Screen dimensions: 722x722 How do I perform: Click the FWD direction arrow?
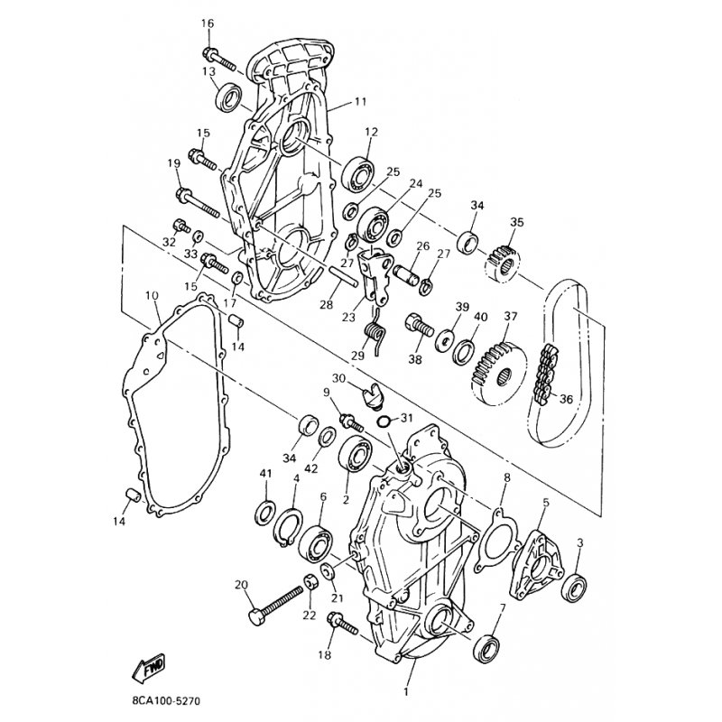click(149, 667)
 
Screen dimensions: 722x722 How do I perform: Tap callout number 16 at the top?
click(208, 23)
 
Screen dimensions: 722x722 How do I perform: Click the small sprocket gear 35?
click(504, 264)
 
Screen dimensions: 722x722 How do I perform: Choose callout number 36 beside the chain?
click(566, 399)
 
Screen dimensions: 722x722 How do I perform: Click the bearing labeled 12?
click(358, 174)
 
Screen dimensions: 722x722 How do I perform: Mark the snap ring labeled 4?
click(288, 527)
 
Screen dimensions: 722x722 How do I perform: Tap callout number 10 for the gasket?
click(153, 295)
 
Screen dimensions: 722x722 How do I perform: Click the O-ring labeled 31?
click(383, 420)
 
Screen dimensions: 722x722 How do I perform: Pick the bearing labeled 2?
click(355, 453)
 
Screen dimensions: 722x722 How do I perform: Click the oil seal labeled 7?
click(487, 648)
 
